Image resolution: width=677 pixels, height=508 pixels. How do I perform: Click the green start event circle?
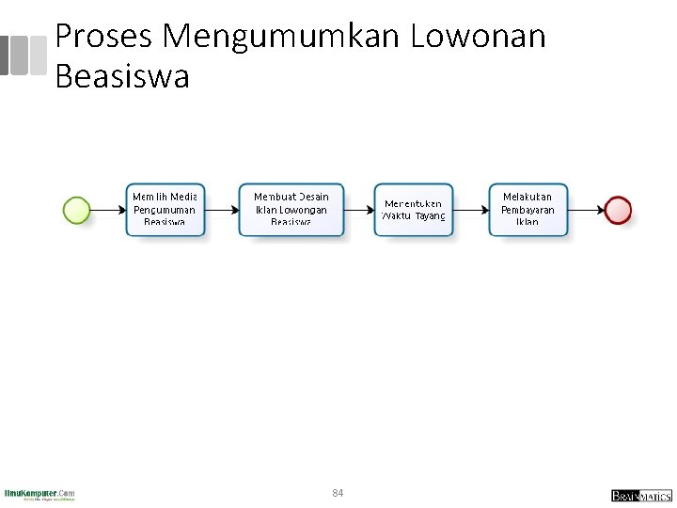76,210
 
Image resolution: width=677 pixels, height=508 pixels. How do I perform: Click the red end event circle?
618,210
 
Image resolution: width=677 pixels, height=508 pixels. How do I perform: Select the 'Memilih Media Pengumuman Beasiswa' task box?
165,209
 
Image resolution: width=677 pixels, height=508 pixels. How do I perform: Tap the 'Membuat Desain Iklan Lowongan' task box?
291,209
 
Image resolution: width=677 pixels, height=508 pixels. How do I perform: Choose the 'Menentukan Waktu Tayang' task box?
414,210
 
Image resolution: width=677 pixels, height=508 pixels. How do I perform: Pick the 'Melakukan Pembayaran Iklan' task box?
527,209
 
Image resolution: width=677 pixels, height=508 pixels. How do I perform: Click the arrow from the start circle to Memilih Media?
107,210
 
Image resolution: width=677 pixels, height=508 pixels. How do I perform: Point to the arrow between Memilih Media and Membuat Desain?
221,210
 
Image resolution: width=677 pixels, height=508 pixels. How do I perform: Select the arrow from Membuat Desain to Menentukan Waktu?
359,210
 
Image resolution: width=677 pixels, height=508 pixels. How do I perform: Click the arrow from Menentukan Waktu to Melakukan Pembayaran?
470,210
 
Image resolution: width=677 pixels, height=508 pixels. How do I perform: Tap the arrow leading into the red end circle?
586,210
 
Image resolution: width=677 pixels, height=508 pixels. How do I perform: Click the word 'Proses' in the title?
104,37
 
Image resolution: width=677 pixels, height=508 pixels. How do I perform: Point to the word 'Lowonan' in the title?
478,37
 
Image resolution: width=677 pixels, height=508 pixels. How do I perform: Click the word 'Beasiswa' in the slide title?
122,76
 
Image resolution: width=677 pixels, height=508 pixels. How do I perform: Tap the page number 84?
338,493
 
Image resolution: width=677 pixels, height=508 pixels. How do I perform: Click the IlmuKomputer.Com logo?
39,494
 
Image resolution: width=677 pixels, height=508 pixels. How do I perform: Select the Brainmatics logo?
640,495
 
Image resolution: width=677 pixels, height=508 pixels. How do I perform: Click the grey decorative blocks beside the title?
24,56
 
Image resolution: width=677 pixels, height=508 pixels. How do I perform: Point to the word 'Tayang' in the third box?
429,216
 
